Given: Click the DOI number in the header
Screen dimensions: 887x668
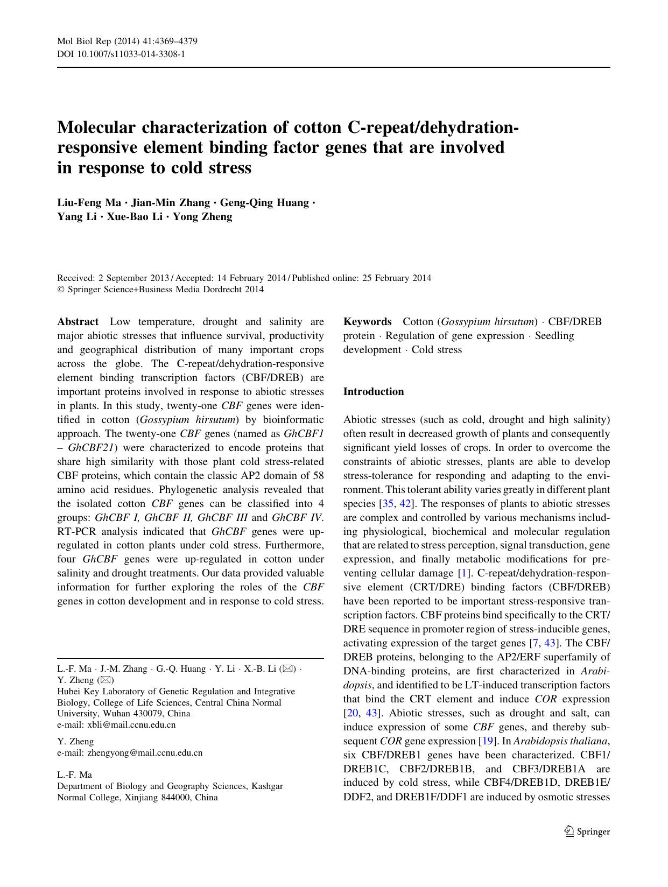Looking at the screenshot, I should (x=134, y=54).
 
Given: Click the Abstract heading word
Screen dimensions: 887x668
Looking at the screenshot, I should (x=78, y=322).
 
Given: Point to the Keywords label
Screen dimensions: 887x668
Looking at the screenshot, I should (x=368, y=322).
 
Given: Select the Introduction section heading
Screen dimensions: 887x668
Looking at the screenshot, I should (x=374, y=392).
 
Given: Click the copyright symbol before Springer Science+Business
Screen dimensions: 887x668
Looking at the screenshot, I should (x=60, y=290).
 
